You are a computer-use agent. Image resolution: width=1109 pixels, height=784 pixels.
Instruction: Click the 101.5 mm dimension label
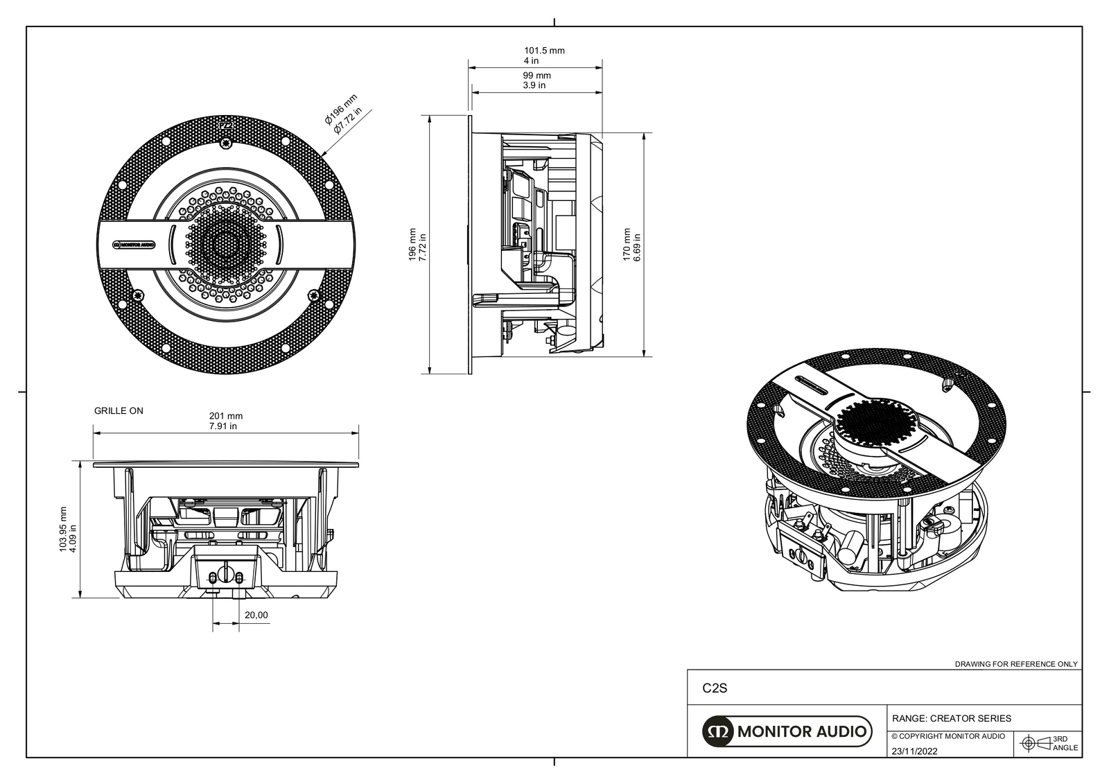(x=543, y=51)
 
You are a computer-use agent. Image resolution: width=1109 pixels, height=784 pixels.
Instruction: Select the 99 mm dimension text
(x=536, y=76)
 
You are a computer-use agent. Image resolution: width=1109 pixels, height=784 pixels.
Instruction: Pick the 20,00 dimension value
(x=256, y=615)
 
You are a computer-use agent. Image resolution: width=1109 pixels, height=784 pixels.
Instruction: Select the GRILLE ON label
(x=119, y=411)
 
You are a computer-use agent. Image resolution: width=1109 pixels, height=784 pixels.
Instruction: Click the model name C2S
(x=715, y=689)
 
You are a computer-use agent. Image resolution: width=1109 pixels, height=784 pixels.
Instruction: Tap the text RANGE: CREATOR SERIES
(x=951, y=718)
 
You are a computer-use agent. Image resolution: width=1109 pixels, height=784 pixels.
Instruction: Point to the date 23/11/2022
(x=914, y=751)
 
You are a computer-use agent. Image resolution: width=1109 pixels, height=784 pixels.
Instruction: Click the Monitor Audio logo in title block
(x=786, y=731)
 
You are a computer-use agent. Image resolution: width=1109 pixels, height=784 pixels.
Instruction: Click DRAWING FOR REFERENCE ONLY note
(x=1016, y=664)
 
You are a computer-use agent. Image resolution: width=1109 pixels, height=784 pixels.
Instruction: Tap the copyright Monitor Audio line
(x=948, y=736)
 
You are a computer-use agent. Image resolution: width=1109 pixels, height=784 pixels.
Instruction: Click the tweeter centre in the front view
(x=225, y=244)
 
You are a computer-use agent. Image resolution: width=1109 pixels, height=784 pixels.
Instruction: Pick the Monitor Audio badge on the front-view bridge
(x=134, y=244)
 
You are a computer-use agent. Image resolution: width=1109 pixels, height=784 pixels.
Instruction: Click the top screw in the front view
(x=225, y=144)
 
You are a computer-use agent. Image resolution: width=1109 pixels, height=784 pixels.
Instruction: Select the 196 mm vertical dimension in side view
(x=418, y=245)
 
